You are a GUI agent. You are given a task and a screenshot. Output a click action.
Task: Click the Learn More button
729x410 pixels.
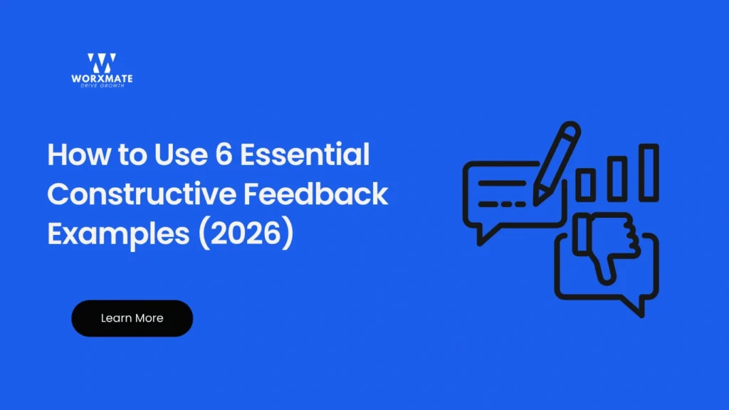(132, 318)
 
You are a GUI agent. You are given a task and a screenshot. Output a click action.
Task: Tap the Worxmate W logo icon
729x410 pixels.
(101, 63)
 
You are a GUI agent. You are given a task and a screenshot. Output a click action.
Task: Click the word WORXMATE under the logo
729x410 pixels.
(101, 78)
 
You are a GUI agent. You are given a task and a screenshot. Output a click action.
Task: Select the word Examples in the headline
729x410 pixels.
(115, 234)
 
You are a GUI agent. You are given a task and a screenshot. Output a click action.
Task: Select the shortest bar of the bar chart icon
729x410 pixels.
(585, 184)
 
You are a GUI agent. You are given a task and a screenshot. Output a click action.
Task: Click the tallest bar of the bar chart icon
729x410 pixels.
(649, 172)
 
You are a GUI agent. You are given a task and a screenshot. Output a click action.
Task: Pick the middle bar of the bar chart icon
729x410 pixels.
(617, 178)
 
